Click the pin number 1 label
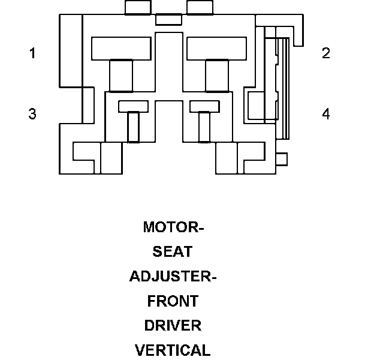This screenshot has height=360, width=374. tap(33, 53)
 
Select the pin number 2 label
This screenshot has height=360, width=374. tap(326, 53)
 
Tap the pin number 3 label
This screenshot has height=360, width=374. tap(32, 113)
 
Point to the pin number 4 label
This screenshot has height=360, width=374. tap(326, 113)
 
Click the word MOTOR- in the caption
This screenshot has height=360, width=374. tap(173, 227)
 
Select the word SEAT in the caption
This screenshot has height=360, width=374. tap(173, 251)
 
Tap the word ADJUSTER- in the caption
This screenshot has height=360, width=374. tap(173, 276)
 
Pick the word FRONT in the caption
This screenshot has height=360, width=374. tap(173, 301)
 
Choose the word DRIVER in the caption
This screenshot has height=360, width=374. tap(173, 325)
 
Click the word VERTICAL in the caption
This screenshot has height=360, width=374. tap(173, 350)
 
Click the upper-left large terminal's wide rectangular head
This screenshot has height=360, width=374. tap(121, 49)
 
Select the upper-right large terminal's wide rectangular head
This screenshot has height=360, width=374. tap(216, 49)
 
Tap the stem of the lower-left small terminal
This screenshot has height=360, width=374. tap(133, 127)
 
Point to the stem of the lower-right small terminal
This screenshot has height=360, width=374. tap(204, 127)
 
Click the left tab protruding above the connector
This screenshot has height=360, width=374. tap(138, 7)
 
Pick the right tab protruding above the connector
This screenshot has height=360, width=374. tap(200, 7)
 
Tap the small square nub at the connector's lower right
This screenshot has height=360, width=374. tap(282, 159)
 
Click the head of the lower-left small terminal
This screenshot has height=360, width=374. tap(133, 106)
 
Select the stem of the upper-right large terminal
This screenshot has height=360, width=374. tap(217, 76)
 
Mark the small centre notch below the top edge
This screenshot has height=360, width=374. tap(168, 20)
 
